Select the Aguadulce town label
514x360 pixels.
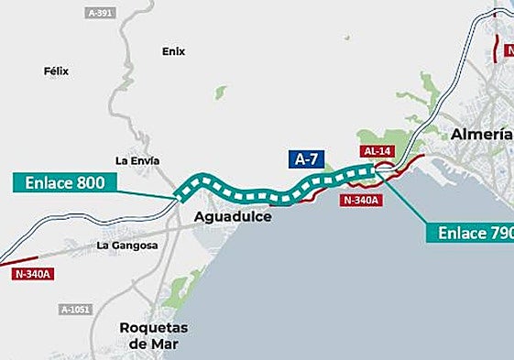tap(234, 217)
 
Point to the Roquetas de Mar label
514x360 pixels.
tap(154, 335)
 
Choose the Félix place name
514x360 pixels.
tap(56, 71)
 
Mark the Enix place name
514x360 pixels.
tap(173, 51)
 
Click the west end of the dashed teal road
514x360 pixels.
tap(180, 193)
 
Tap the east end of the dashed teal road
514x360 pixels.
tap(374, 169)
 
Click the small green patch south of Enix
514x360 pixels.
tap(221, 92)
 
